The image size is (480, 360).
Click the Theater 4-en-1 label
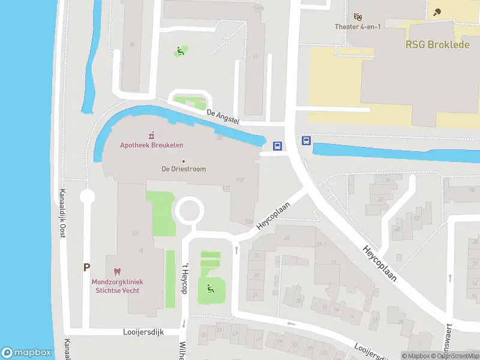[358, 26]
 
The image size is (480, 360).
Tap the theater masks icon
[358, 16]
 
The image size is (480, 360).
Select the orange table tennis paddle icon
[436, 11]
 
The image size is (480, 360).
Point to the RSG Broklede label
[437, 45]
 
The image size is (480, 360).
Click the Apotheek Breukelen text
[152, 145]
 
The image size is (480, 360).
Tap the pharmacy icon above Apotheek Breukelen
[151, 134]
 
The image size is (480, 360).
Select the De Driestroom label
[184, 169]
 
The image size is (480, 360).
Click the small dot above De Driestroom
[184, 161]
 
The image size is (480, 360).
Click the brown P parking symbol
[87, 268]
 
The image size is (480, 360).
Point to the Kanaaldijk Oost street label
[61, 214]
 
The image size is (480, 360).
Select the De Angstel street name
[223, 116]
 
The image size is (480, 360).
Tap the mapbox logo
[26, 353]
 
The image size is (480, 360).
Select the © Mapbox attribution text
[415, 356]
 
